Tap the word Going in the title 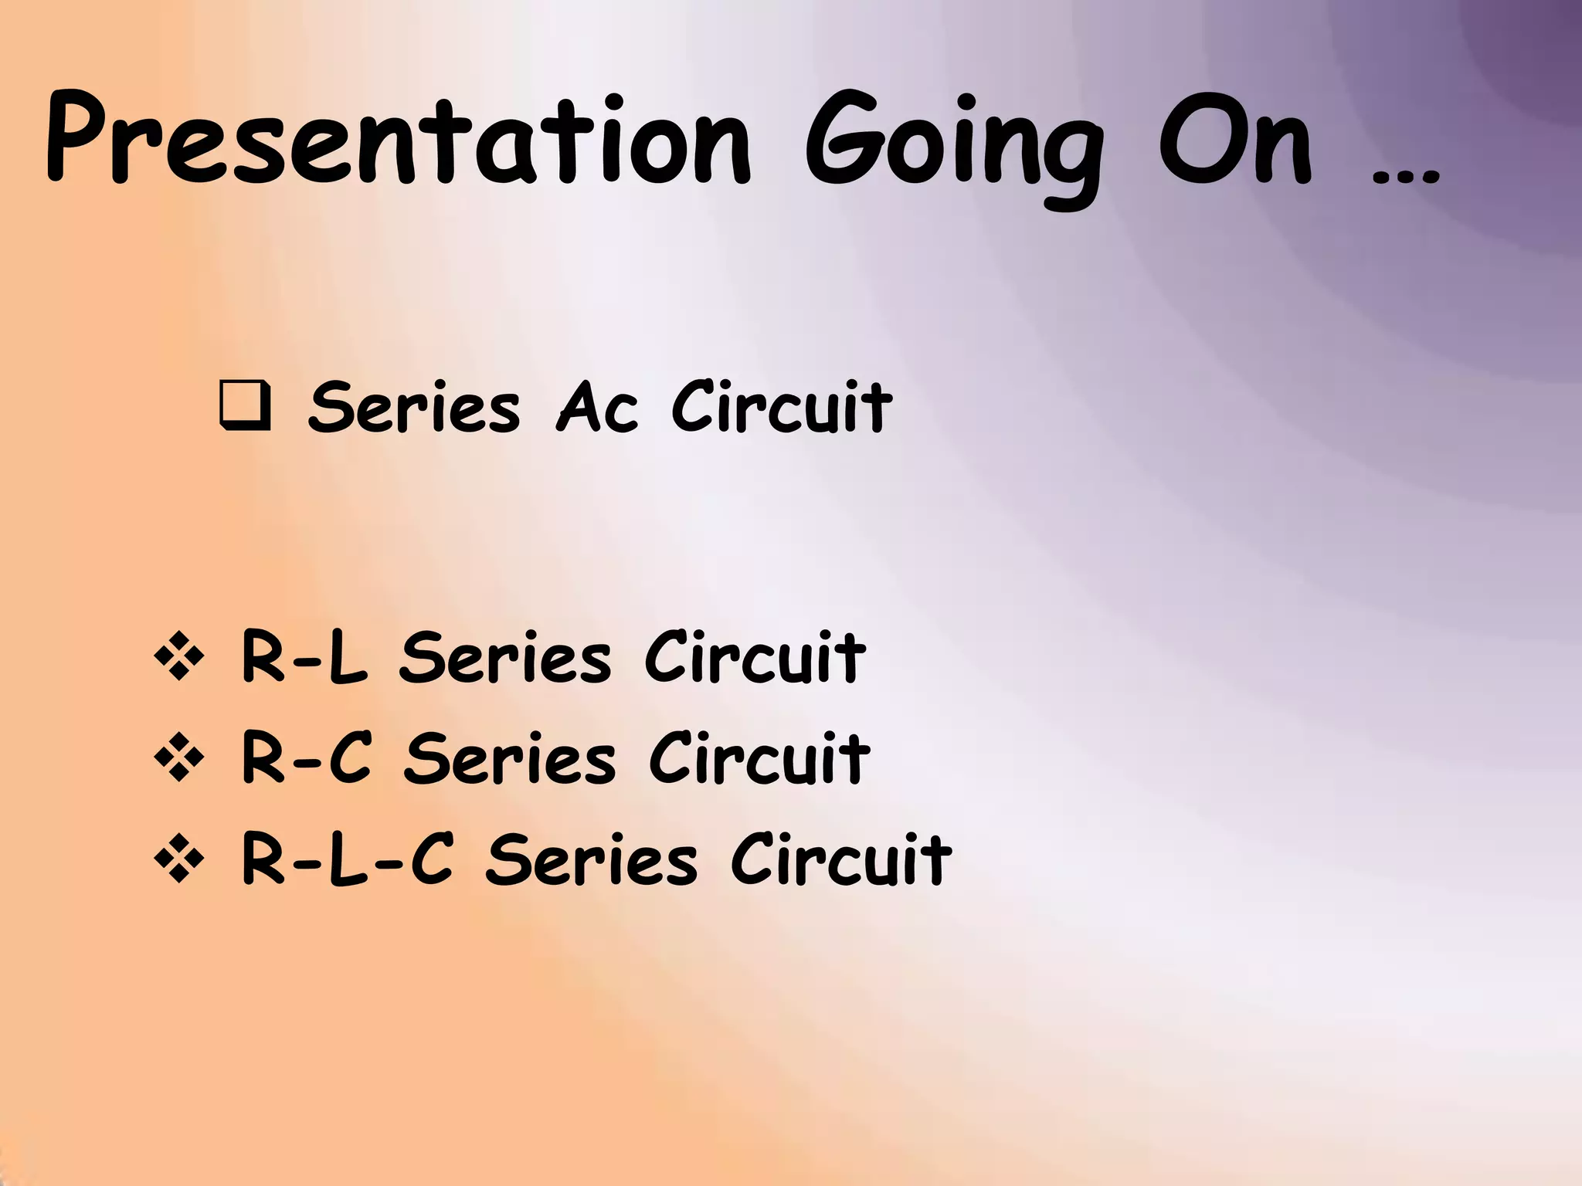(x=954, y=147)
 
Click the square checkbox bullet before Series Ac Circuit (x=245, y=406)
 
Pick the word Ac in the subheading (x=598, y=407)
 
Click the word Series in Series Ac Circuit (x=414, y=407)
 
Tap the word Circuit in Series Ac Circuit (x=781, y=407)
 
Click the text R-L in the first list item (x=304, y=658)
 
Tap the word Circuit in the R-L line (x=755, y=658)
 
